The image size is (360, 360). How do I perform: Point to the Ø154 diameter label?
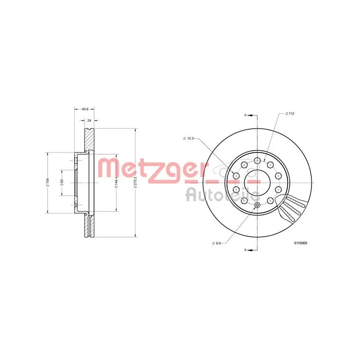[47, 183]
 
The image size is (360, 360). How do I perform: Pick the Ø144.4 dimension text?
[116, 183]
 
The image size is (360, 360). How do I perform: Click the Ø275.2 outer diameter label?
[135, 183]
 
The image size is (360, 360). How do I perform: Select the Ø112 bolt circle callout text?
[289, 113]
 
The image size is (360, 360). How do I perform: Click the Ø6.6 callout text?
[216, 243]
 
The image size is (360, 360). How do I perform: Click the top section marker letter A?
[246, 115]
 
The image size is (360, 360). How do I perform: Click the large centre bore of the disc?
[256, 183]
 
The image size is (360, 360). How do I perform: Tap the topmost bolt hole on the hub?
[257, 161]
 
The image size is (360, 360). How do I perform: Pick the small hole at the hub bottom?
[257, 206]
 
